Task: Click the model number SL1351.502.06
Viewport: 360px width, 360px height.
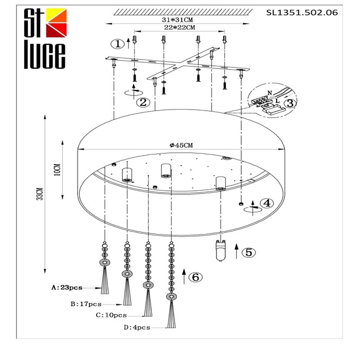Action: tap(302, 12)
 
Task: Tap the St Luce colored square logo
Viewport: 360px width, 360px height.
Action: tap(56, 23)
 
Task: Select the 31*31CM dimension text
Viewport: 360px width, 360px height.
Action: tap(177, 20)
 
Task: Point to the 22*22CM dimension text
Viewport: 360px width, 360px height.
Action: tap(179, 28)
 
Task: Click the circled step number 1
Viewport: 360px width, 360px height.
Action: tap(118, 44)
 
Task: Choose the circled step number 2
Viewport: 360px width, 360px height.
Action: tap(143, 102)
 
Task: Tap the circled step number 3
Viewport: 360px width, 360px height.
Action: tap(290, 103)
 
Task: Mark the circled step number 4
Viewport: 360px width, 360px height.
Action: tap(267, 203)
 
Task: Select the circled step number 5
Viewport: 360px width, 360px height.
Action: tap(249, 253)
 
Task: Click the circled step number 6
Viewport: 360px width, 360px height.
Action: tap(195, 277)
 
